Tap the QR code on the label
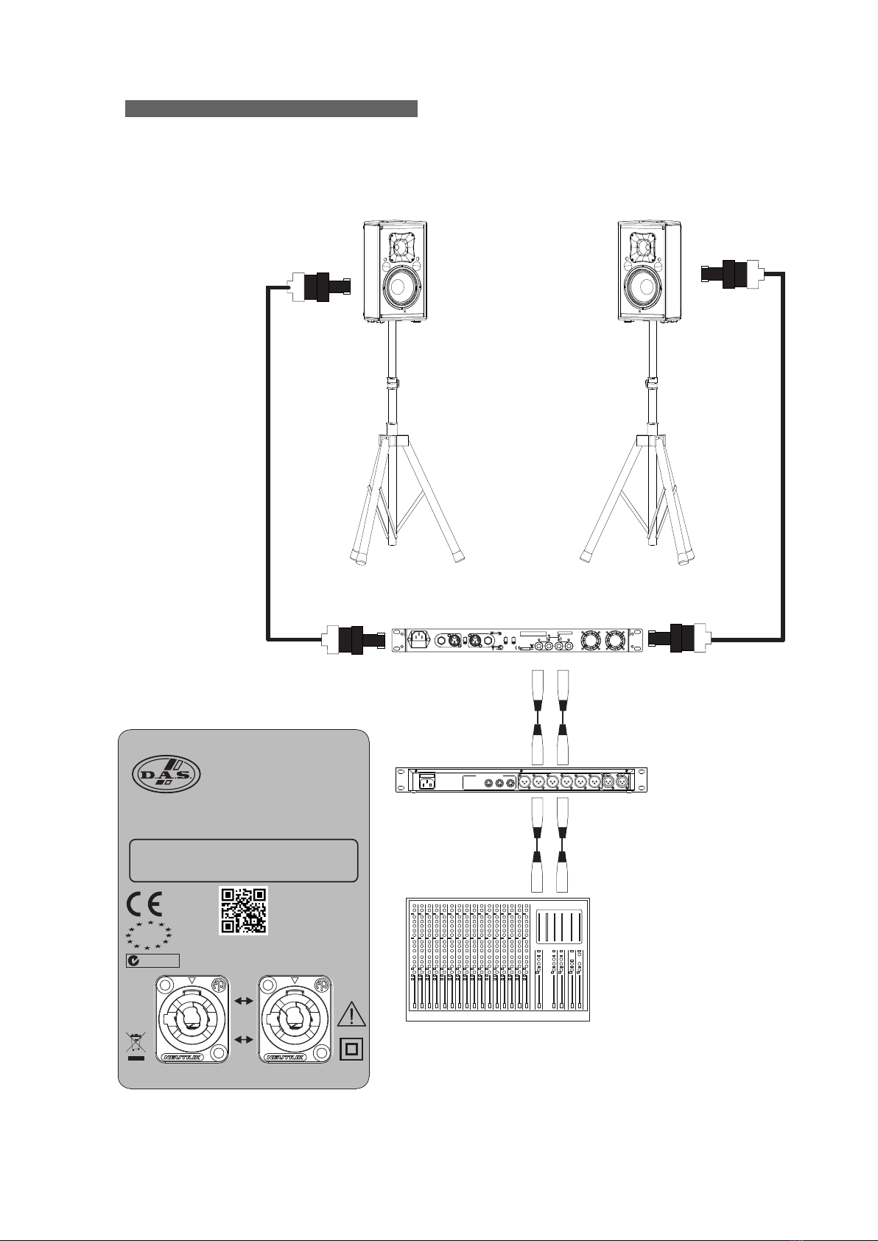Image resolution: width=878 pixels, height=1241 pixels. pos(244,911)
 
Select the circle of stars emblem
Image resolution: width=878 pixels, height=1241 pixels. pos(149,935)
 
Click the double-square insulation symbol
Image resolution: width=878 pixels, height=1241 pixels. pos(352,1049)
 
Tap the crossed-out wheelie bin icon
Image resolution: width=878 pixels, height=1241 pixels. pos(136,1047)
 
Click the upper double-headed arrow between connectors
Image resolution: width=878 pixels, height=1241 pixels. pos(243,1001)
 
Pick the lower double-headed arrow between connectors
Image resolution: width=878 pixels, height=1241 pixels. pos(243,1039)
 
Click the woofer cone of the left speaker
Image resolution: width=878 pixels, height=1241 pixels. pos(399,286)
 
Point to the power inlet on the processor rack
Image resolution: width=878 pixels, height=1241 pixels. pos(426,781)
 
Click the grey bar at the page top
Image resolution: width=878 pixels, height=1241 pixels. pos(271,109)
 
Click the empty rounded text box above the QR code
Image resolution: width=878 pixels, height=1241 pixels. pos(244,860)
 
